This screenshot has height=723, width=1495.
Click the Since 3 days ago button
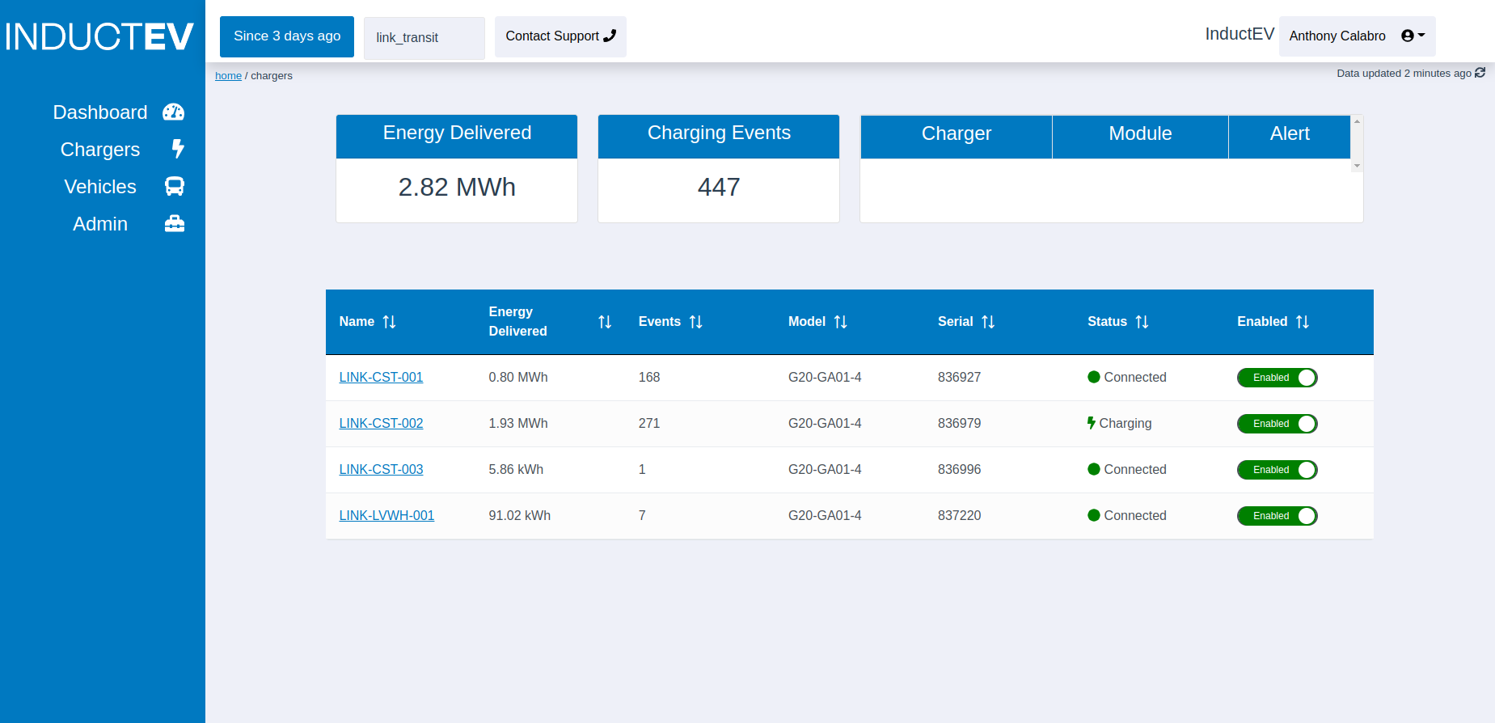click(287, 36)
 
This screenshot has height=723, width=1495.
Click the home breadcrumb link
click(228, 76)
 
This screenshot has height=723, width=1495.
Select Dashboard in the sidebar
click(117, 112)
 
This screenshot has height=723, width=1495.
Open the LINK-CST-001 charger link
click(381, 378)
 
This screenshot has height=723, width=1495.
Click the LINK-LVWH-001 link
click(386, 516)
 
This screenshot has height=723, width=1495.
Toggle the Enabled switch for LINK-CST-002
click(1277, 424)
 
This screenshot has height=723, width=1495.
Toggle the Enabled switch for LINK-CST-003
click(1277, 470)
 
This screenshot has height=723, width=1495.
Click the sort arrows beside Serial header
click(988, 322)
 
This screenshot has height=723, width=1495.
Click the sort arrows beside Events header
click(696, 322)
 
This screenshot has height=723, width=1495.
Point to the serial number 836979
click(959, 424)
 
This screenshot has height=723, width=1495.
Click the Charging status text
click(1125, 424)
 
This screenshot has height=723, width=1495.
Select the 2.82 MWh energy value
click(457, 188)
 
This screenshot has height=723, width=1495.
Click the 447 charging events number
click(719, 188)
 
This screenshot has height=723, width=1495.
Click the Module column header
click(1140, 134)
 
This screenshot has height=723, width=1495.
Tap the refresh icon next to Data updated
click(1480, 73)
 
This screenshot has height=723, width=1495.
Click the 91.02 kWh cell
click(519, 516)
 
